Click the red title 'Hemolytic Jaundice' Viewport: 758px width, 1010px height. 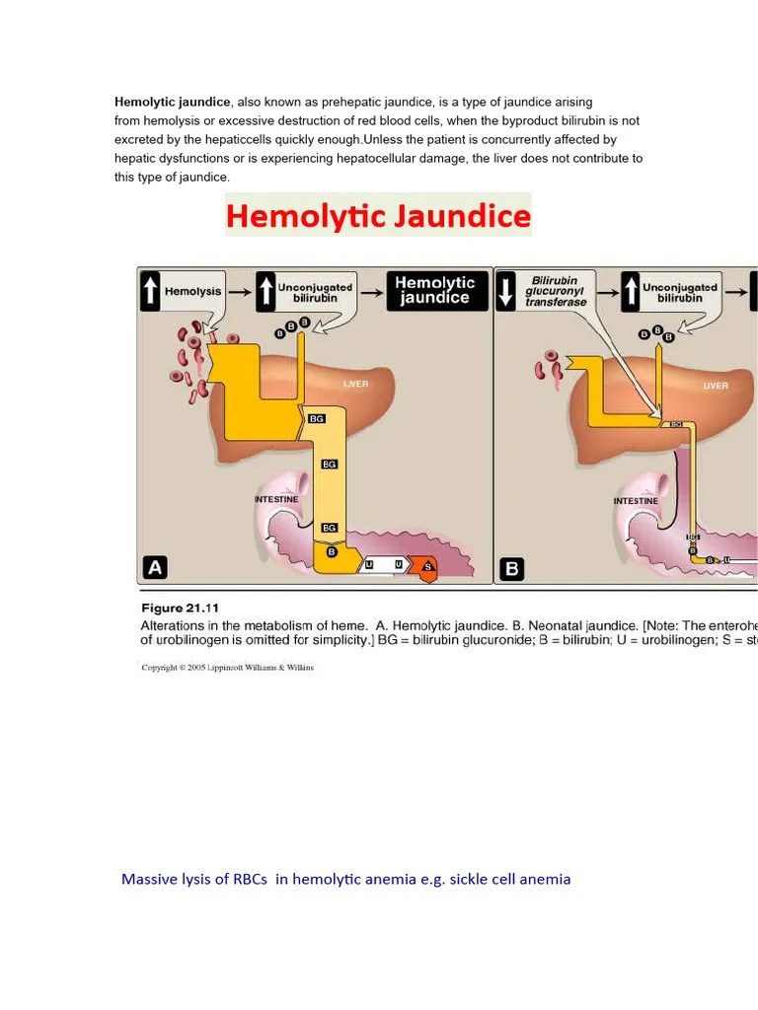[378, 215]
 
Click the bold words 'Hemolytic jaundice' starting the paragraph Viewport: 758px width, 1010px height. [173, 102]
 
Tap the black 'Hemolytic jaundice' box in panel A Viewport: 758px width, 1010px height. [435, 290]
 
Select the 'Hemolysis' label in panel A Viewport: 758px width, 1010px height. [193, 291]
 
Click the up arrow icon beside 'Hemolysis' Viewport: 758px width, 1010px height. [150, 291]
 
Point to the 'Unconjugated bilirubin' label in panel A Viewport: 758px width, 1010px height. [315, 292]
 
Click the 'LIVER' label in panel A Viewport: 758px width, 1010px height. [355, 384]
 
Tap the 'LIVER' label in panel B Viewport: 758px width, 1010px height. [716, 386]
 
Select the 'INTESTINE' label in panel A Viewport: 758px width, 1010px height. [276, 500]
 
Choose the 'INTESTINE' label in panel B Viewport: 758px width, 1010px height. [636, 501]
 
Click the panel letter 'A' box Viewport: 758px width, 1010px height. [155, 567]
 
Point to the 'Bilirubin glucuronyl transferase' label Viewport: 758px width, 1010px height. [557, 291]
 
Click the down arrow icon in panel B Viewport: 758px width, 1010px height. [507, 291]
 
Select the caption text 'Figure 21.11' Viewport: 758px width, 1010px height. [180, 608]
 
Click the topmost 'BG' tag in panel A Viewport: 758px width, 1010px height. [317, 418]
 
